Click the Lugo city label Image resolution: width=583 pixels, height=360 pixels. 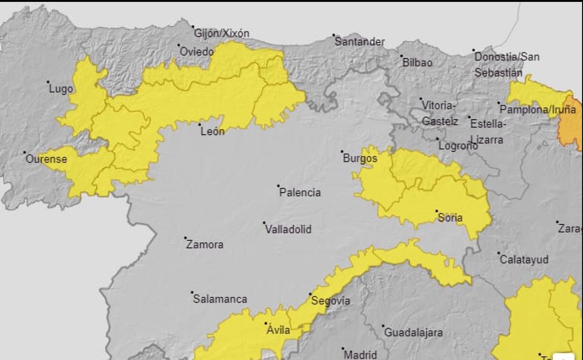tap(61, 89)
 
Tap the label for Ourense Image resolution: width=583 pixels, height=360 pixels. tap(46, 159)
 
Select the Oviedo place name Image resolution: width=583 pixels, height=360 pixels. tap(197, 52)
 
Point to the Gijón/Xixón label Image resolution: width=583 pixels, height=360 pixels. tap(221, 34)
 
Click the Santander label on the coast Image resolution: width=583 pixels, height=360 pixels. tap(360, 42)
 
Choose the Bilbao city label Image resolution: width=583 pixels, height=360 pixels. tap(417, 63)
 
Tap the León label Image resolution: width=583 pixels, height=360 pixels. tap(213, 132)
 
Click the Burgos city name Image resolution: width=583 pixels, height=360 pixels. tap(360, 159)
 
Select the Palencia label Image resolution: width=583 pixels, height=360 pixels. tap(300, 193)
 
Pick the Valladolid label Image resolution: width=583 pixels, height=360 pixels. tap(288, 230)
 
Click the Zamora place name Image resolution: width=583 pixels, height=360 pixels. tap(205, 245)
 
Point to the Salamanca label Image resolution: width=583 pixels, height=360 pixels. tap(220, 299)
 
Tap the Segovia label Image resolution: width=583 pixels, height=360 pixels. tap(330, 301)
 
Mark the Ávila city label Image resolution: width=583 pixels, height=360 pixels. tap(278, 331)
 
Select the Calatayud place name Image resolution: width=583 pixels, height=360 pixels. tap(524, 260)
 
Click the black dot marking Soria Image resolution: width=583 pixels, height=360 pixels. tap(437, 211)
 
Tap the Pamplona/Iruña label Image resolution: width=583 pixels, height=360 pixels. tap(537, 110)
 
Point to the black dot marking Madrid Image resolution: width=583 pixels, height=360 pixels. tap(343, 348)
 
